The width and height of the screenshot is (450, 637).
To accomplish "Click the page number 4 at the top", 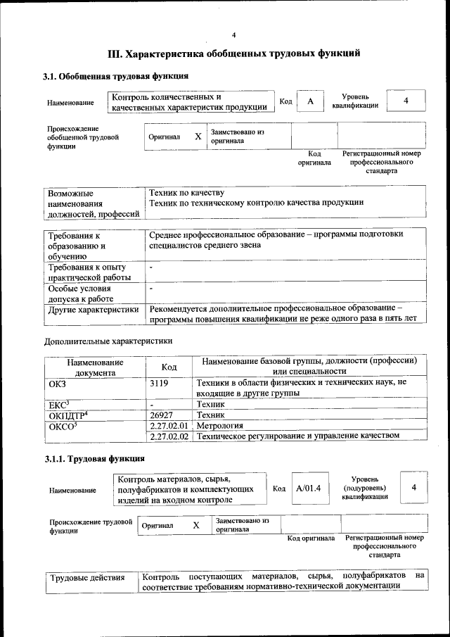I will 234,35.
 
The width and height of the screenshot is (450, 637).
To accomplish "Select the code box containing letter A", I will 309,101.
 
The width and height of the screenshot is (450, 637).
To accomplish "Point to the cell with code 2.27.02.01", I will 169,426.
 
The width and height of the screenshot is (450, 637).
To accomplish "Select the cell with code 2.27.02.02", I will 169,436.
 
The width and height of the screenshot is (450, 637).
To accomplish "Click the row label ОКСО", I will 63,426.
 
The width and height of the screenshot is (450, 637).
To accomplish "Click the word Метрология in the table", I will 220,426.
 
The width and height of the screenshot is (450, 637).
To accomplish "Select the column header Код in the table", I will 169,367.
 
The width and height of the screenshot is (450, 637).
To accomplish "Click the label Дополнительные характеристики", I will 108,341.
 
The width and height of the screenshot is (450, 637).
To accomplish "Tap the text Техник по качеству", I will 186,192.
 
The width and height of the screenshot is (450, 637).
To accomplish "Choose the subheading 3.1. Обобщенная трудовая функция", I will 115,76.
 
